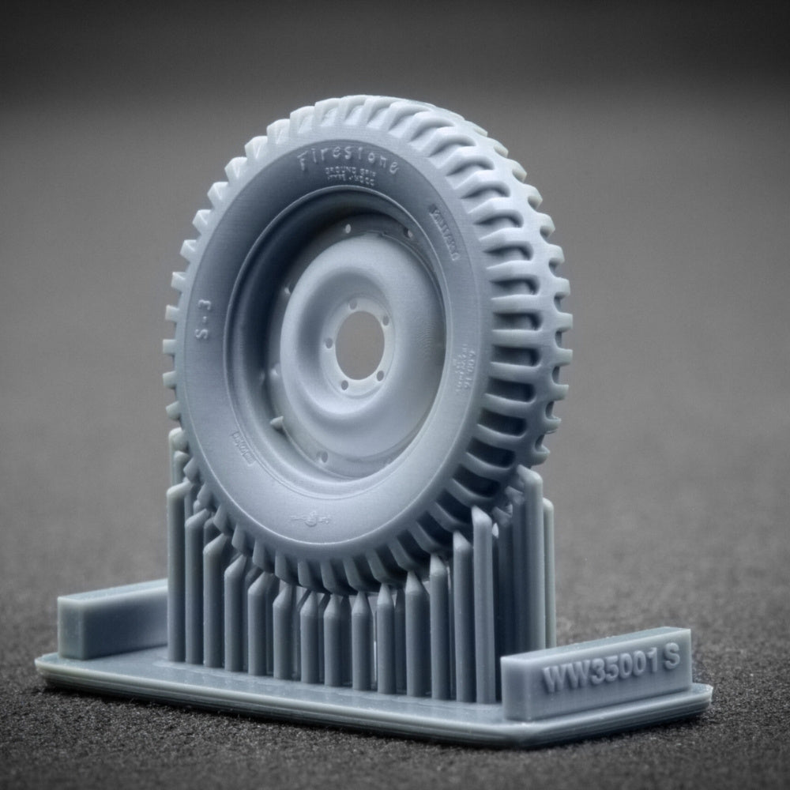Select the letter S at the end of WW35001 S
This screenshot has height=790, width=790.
coord(671,659)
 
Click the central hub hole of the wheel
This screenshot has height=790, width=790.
coord(359,344)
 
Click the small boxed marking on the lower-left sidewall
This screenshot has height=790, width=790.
coord(243,446)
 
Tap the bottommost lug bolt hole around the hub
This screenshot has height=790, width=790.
coord(353,390)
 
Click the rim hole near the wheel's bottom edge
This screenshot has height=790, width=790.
coord(322,457)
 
